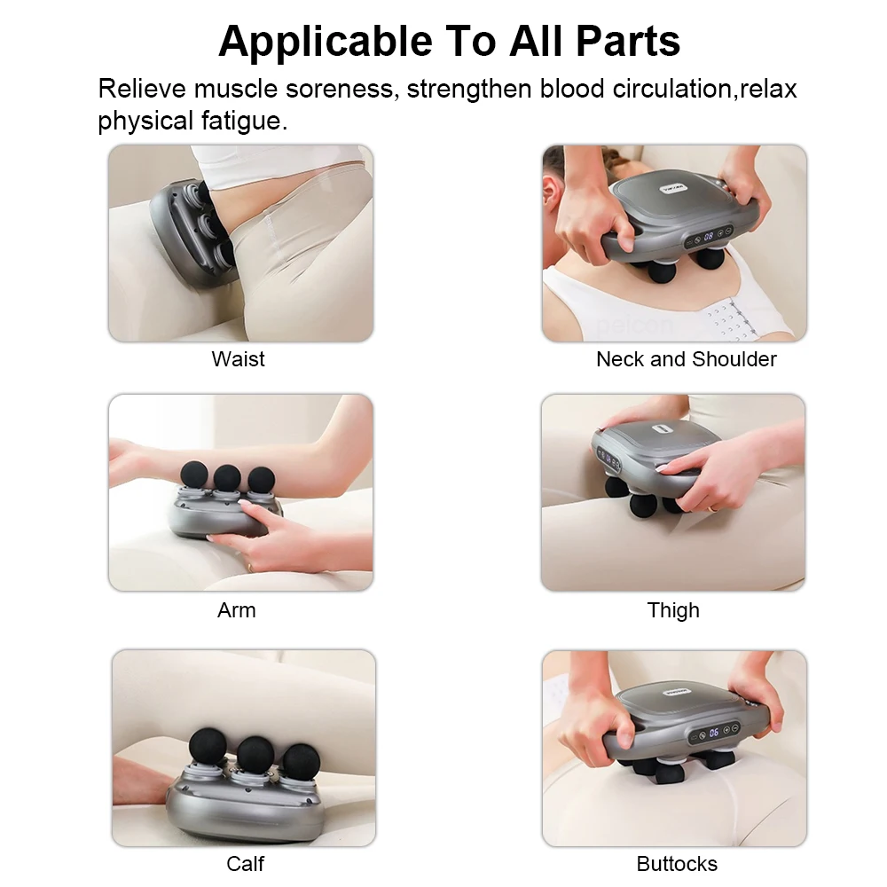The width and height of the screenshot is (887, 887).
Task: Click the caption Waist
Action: (x=238, y=359)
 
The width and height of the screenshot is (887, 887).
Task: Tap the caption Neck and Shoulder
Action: (x=686, y=359)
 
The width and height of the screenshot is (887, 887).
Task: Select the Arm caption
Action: (x=237, y=610)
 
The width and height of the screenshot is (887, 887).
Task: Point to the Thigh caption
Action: (x=673, y=610)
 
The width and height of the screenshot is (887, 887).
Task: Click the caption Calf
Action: (x=245, y=863)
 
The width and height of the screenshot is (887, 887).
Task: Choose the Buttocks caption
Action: (x=677, y=863)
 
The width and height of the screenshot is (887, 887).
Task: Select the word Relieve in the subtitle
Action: (x=142, y=89)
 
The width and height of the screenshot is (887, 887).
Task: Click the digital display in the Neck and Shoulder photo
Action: (x=709, y=237)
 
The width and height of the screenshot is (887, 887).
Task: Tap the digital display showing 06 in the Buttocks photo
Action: (x=714, y=733)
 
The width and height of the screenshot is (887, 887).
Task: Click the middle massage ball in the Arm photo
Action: (x=227, y=476)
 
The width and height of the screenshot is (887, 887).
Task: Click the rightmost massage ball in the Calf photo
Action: (x=300, y=761)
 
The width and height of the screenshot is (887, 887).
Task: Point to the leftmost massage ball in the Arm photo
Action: (x=194, y=474)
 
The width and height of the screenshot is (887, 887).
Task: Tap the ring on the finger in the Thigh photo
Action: (x=712, y=508)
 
